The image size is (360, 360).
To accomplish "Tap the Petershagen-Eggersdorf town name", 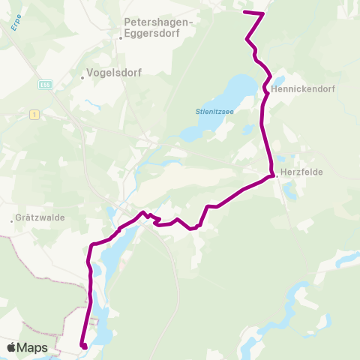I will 157,28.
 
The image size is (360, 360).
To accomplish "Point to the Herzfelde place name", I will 303,172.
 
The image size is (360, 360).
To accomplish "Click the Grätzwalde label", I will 41,219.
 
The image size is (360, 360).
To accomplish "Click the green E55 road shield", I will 45,85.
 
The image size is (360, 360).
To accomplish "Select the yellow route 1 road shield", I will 34,114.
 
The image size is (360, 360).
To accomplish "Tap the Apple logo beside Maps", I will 12,347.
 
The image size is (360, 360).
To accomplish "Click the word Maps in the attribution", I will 33,347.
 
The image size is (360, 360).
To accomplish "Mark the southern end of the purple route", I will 84,346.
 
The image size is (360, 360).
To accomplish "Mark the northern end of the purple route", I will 245,12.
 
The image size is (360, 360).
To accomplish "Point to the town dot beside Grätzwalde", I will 13,221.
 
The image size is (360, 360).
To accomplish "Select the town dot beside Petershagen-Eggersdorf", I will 121,37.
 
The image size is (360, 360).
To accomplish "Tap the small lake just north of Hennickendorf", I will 279,79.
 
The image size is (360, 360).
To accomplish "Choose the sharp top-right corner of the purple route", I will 263,13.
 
